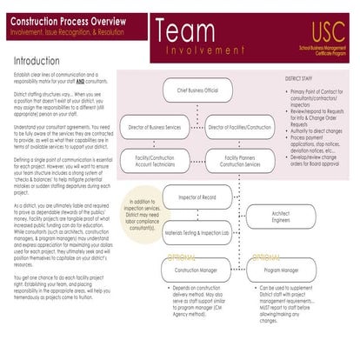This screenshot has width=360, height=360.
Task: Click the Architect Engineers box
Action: click(x=280, y=216)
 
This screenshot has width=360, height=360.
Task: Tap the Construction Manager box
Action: click(x=197, y=270)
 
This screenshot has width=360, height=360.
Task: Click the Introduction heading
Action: click(x=43, y=62)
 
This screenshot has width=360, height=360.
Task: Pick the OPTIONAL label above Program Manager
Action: click(x=264, y=257)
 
